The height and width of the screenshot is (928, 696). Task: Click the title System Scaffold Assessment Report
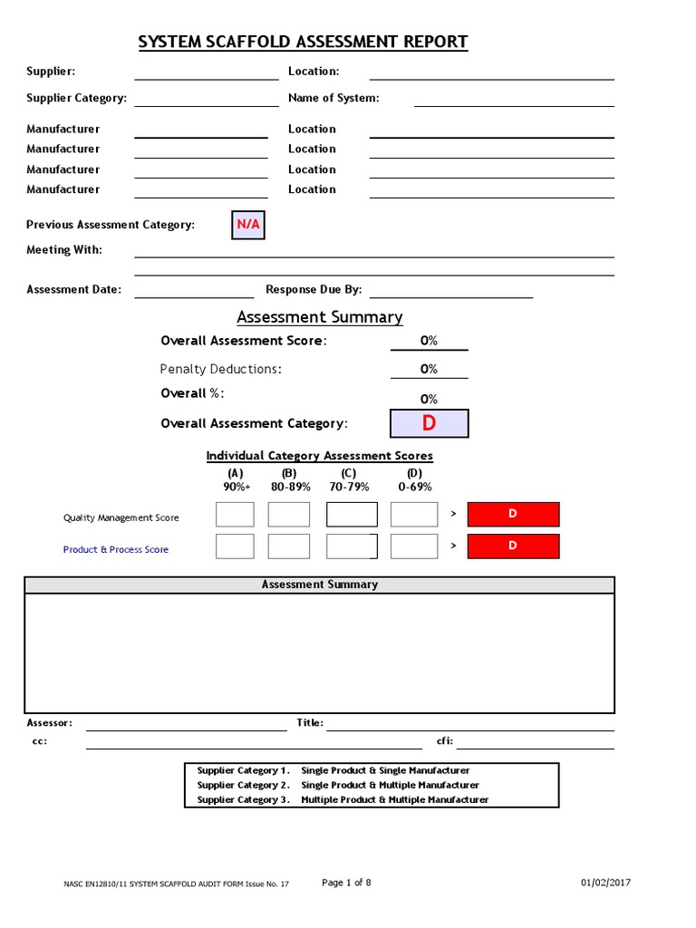click(x=303, y=42)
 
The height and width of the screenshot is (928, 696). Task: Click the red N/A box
click(x=248, y=224)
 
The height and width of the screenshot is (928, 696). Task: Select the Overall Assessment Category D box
click(x=429, y=423)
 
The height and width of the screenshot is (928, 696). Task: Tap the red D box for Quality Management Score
click(x=513, y=515)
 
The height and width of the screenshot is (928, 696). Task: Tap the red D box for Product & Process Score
click(x=513, y=546)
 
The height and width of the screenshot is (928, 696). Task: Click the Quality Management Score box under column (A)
click(x=235, y=515)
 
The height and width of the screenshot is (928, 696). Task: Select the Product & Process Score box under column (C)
click(x=352, y=546)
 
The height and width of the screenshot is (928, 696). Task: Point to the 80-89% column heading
click(x=290, y=487)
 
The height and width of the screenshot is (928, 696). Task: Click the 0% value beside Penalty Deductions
click(x=429, y=369)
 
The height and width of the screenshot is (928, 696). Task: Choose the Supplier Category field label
click(x=76, y=98)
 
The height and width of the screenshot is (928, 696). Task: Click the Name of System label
click(x=333, y=98)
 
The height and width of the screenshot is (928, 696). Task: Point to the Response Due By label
click(x=314, y=290)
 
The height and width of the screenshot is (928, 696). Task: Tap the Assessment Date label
click(x=73, y=290)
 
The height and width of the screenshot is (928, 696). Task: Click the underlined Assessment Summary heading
click(x=320, y=317)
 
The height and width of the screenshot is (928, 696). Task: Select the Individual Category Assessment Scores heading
click(x=320, y=456)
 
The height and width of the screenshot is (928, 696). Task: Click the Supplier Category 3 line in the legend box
click(x=343, y=799)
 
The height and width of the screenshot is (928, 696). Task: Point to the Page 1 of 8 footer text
click(x=347, y=883)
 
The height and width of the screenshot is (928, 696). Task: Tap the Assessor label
click(x=49, y=723)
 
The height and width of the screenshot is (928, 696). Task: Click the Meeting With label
click(x=64, y=250)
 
